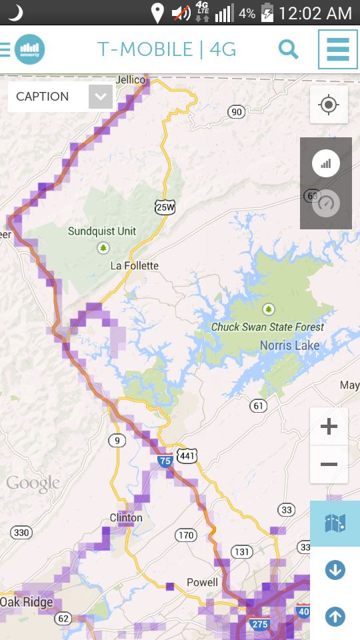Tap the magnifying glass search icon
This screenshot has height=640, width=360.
coord(288,49)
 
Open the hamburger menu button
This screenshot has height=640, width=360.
coord(337,49)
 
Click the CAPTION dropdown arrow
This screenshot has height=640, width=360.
coord(100,97)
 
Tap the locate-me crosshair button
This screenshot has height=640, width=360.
coord(328,105)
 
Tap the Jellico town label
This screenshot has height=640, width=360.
coord(130,80)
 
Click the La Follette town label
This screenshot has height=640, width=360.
coord(135,266)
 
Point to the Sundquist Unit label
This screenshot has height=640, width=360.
coord(102,231)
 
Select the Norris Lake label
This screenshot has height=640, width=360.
coord(289,345)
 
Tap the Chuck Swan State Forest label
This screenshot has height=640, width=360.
coord(267,327)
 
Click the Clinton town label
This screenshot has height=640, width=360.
coord(126,518)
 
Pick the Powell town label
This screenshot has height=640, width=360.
coord(202,582)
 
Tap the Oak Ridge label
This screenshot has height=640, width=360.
coord(27,602)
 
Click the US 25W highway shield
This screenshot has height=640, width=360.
coord(165,207)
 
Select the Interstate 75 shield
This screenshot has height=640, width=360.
coord(165,460)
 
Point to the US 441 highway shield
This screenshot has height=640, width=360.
coord(187,456)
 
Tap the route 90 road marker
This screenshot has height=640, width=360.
coord(236,112)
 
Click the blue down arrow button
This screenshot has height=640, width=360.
coord(335,570)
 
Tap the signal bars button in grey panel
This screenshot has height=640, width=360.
coord(326,163)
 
